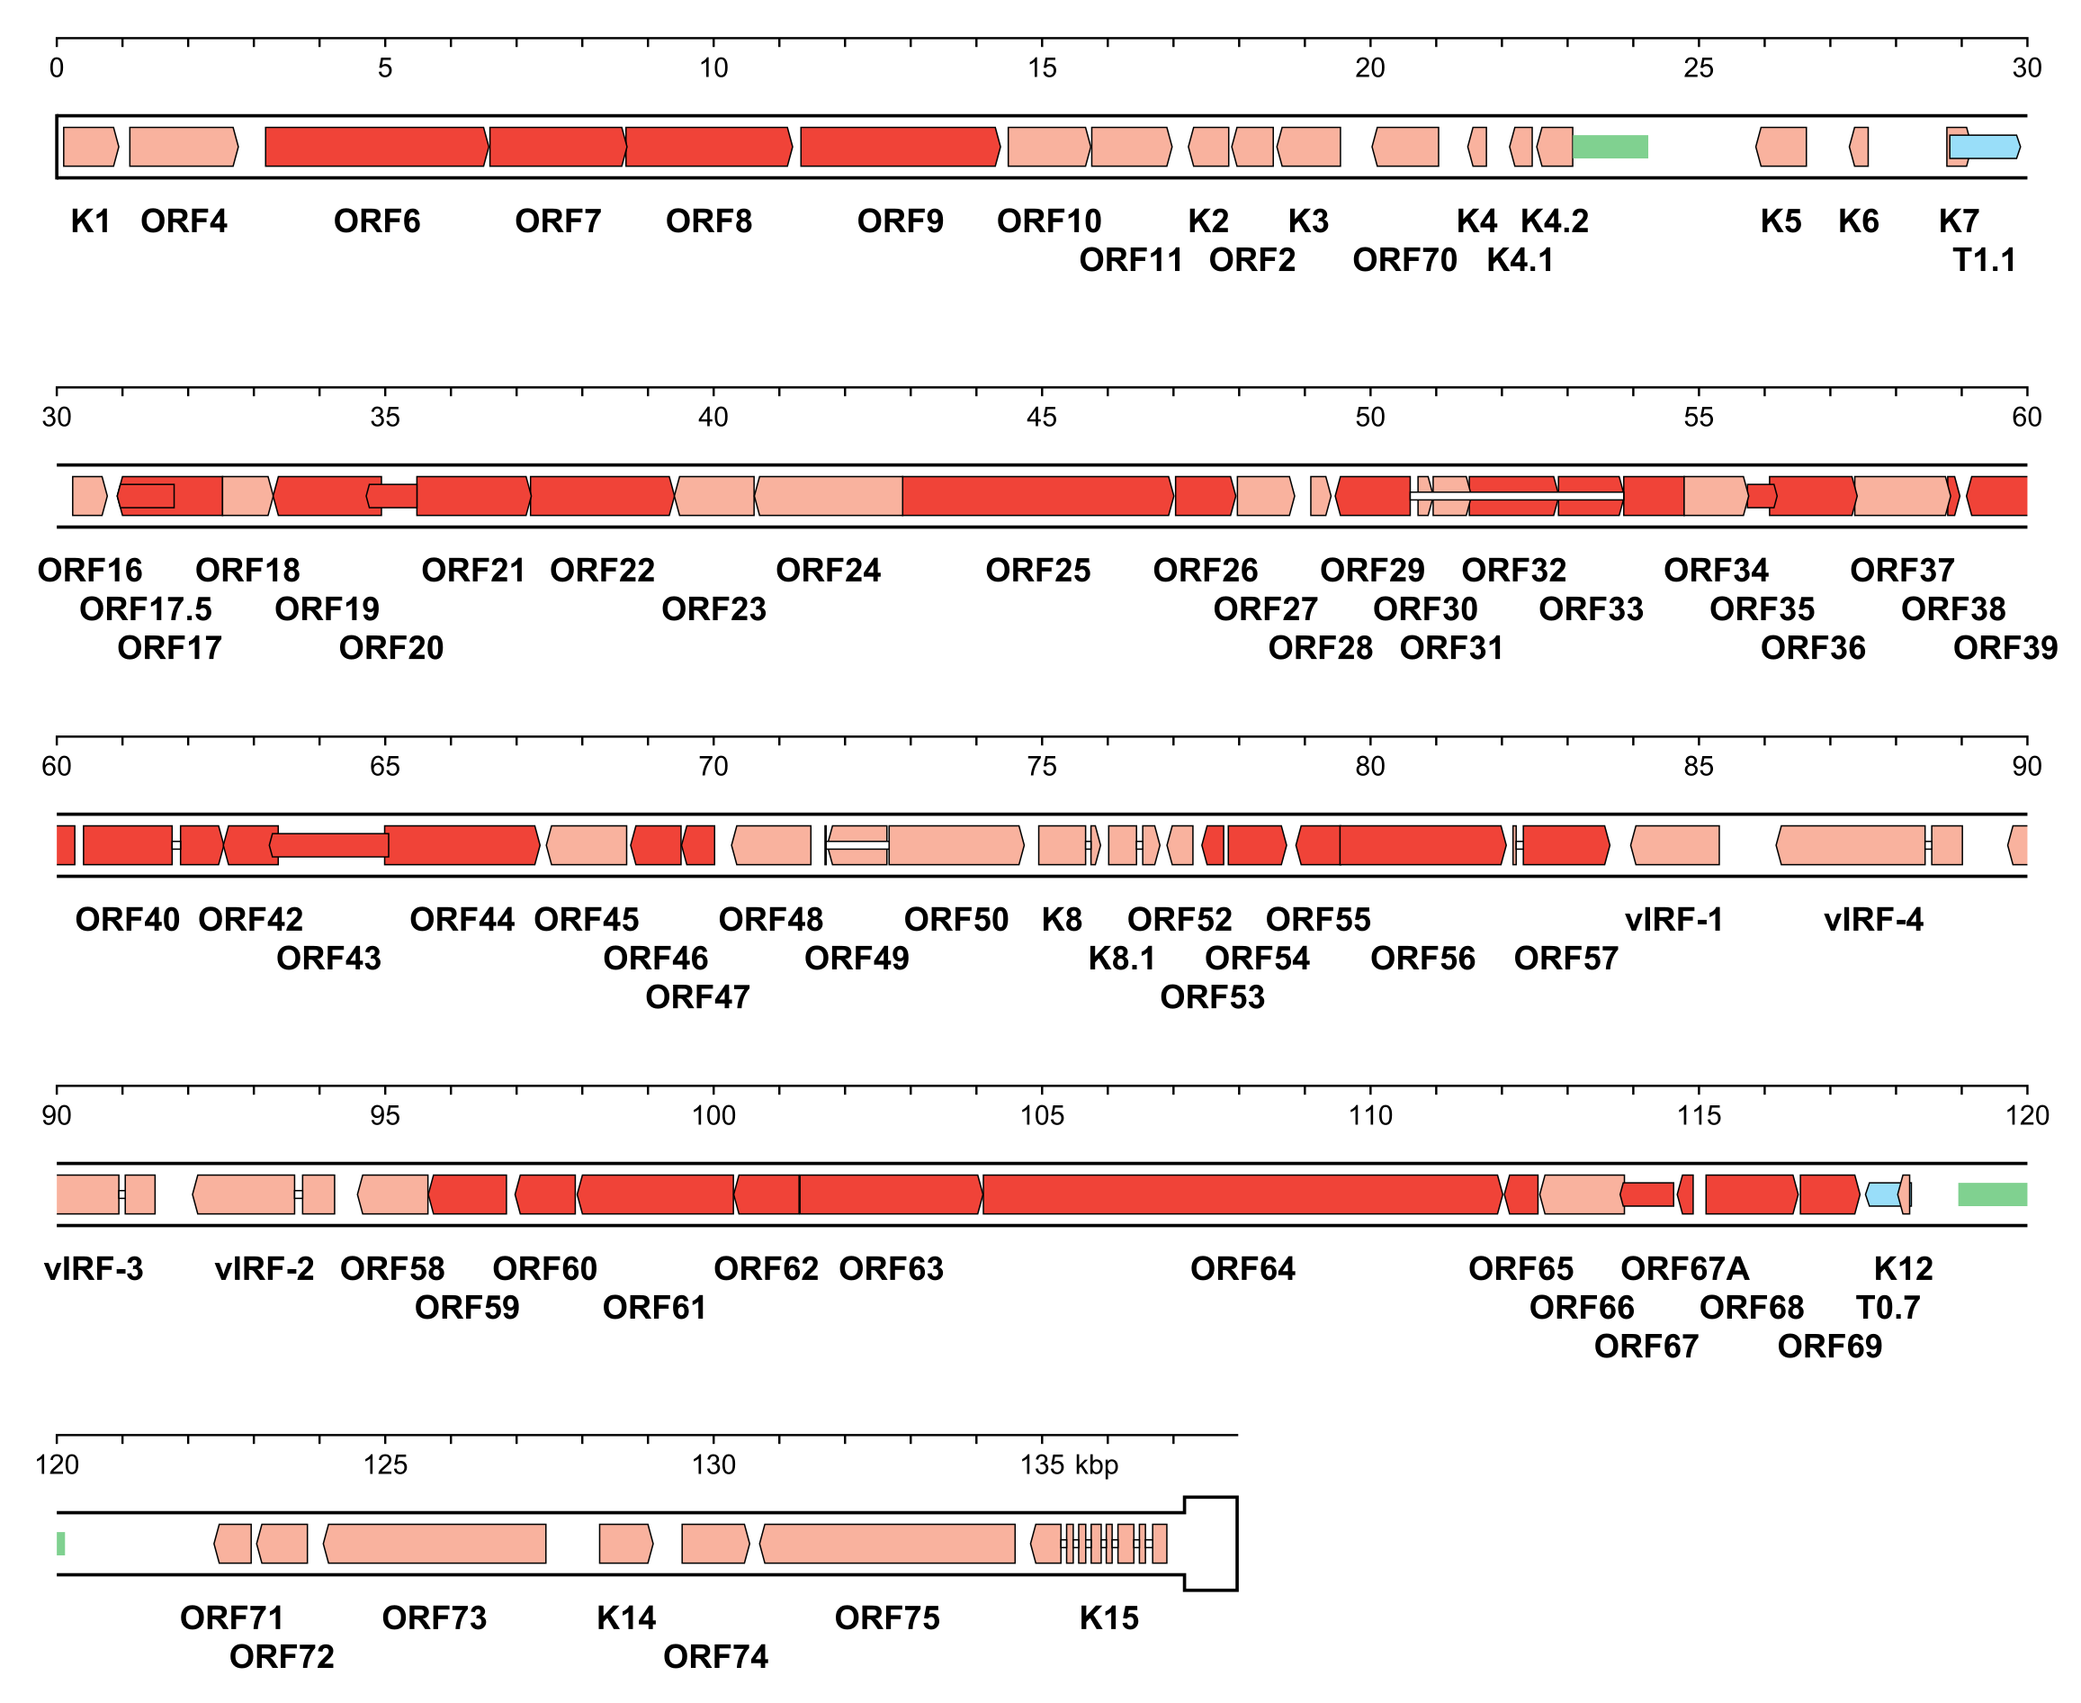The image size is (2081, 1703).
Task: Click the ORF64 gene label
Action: tap(1242, 1268)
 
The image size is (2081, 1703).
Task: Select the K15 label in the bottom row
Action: tap(1108, 1617)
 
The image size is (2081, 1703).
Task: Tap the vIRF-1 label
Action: tap(1673, 919)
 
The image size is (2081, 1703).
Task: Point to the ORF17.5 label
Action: tap(145, 609)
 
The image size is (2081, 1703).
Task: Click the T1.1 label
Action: tap(1983, 260)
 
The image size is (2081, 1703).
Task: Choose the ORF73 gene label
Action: tap(434, 1617)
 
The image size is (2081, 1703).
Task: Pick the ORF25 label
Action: tap(1037, 570)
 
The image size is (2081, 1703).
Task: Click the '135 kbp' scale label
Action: tap(1068, 1464)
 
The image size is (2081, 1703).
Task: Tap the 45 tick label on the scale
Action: tap(1042, 417)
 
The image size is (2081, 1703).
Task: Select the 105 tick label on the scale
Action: tap(1042, 1115)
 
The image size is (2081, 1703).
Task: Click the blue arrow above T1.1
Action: tap(1984, 147)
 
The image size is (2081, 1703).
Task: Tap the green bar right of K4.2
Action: tap(1610, 147)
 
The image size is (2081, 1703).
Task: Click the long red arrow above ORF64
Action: tap(1242, 1194)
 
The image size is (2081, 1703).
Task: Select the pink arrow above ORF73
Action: tap(435, 1543)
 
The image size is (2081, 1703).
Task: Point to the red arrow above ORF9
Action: tap(900, 147)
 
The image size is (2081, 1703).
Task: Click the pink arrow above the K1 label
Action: tap(90, 147)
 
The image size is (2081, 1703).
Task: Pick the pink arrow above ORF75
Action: tap(886, 1543)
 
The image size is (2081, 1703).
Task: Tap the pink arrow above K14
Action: tap(625, 1543)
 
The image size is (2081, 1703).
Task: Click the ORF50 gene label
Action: tap(955, 919)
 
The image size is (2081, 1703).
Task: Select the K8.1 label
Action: tap(1121, 959)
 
